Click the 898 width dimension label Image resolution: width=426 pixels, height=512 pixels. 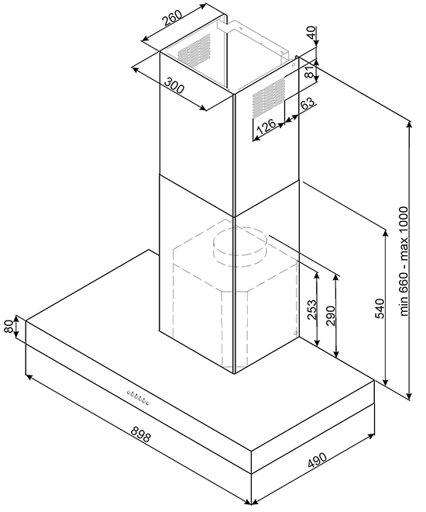tap(140, 434)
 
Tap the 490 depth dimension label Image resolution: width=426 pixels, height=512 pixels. tap(317, 460)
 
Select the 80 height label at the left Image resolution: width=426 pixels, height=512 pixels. tap(9, 326)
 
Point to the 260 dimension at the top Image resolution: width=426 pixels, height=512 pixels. tap(173, 18)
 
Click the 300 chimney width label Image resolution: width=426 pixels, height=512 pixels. tap(174, 85)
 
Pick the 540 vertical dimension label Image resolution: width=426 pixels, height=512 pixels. tap(380, 308)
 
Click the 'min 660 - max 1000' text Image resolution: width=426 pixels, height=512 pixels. tap(404, 261)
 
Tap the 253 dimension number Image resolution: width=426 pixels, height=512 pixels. tap(311, 310)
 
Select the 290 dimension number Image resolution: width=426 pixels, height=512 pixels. tap(331, 316)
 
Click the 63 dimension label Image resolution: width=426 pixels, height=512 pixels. tap(307, 104)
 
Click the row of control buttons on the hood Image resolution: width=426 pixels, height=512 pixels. tap(139, 398)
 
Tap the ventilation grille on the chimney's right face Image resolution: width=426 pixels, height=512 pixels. tap(269, 98)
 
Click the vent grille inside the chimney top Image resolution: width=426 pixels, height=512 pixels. tap(194, 49)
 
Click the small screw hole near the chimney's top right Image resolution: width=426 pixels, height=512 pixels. tap(293, 65)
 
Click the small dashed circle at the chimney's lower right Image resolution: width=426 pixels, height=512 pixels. tap(294, 334)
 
